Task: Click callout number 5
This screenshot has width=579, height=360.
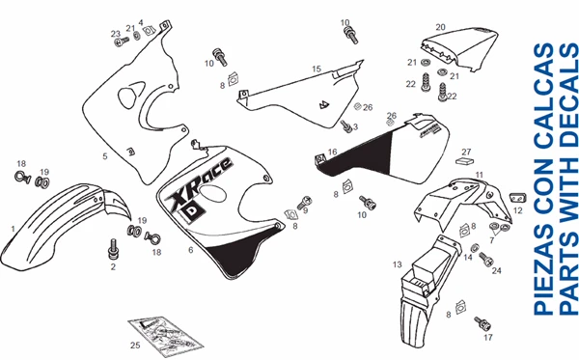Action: click(104, 154)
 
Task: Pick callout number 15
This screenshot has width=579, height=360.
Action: click(316, 69)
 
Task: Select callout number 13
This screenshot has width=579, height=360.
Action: click(397, 263)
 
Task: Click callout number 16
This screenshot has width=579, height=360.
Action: click(332, 152)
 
